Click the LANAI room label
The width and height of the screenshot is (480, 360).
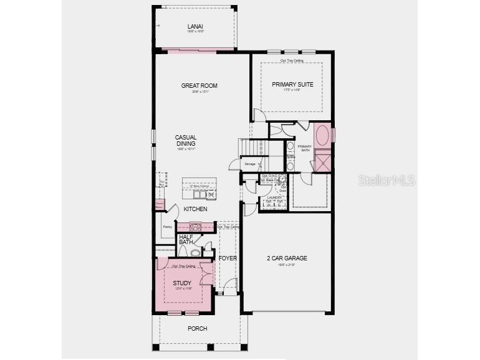195,27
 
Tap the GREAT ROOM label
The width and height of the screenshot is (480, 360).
199,86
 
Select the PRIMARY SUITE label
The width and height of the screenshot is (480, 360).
292,84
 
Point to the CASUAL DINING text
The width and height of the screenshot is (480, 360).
186,140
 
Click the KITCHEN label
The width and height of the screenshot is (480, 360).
195,209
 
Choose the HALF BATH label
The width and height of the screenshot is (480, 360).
186,239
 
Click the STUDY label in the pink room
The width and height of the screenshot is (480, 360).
182,283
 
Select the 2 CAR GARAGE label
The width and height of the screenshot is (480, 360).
287,258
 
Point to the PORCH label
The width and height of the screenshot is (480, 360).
198,328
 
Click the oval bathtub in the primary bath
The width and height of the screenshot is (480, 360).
322,135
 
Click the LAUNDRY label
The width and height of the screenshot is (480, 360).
275,197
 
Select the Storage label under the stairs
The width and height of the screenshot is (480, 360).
249,164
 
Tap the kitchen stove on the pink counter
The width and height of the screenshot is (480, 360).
195,227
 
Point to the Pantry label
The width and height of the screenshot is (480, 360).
167,227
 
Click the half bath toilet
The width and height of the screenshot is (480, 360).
194,253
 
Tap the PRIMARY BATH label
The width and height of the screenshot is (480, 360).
304,148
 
